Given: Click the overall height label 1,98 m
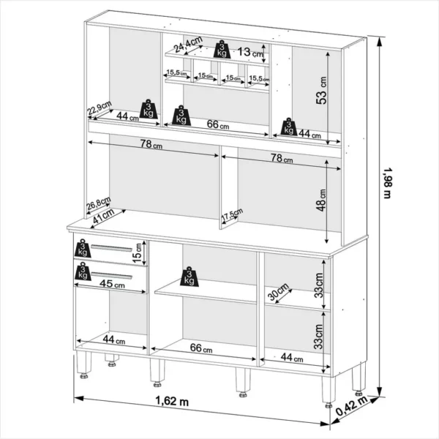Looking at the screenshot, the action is pos(387,184).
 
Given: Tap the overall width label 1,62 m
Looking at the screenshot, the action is pos(172,401).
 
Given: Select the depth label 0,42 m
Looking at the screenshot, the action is pos(351,406).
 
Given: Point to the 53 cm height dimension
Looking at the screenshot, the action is pos(322,90).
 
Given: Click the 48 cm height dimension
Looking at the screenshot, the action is pos(322,200).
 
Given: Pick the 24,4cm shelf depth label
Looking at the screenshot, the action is pos(187,44).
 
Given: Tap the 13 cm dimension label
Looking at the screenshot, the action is pos(250,52).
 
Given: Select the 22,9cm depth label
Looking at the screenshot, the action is pos(99,108).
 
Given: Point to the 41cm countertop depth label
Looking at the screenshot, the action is pos(103,216).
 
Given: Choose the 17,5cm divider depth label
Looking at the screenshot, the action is pos(232,214).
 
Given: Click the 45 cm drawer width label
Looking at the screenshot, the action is pos(112,284).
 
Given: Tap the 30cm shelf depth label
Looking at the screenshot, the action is pos(278,291).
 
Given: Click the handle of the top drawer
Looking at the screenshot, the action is pos(111,248).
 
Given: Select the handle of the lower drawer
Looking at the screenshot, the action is pos(111,275).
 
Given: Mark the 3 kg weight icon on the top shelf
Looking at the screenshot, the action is pos(222,49).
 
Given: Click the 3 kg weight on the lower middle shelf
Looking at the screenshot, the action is pos(190,277).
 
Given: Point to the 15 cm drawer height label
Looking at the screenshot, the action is pos(138,253).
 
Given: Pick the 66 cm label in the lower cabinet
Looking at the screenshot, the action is pos(201,348).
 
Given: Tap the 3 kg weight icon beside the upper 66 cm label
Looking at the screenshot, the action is pos(181,116).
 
